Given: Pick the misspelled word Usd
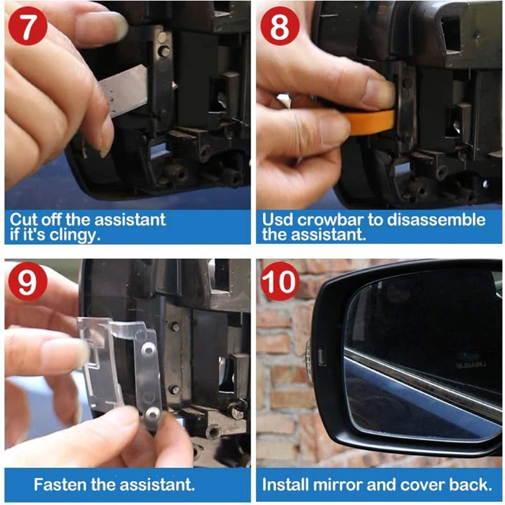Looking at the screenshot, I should (x=278, y=220).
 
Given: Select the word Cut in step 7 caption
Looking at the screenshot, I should (x=23, y=220).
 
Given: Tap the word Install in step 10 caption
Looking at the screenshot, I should (x=285, y=485).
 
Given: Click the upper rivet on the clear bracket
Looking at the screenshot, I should (x=147, y=348).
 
